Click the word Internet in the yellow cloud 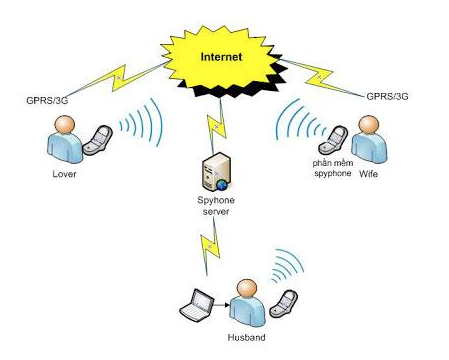click(221, 57)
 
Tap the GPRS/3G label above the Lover click(47, 100)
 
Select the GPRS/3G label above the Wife click(387, 96)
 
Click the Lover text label click(64, 174)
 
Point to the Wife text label click(368, 174)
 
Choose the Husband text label click(246, 337)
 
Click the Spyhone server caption click(216, 206)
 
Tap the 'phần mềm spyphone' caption click(333, 168)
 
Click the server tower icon click(216, 172)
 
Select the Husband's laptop click(197, 306)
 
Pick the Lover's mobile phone click(97, 140)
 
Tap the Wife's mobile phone click(333, 140)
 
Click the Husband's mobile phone click(283, 303)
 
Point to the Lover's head click(64, 125)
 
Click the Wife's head click(369, 125)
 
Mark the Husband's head click(247, 289)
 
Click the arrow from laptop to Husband click(222, 305)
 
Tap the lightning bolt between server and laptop click(210, 247)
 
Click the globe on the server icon click(222, 184)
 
